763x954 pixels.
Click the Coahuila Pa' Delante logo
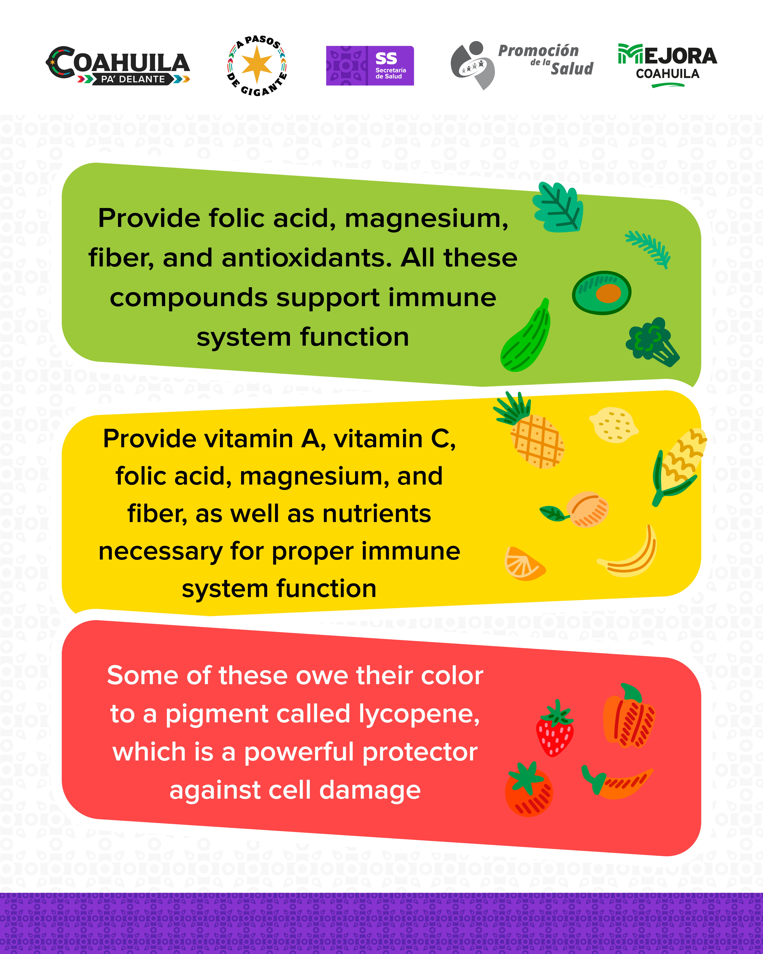(x=118, y=65)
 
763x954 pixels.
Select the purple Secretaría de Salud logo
(x=370, y=65)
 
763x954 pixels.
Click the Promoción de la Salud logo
(x=522, y=65)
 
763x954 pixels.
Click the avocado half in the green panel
(x=602, y=293)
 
